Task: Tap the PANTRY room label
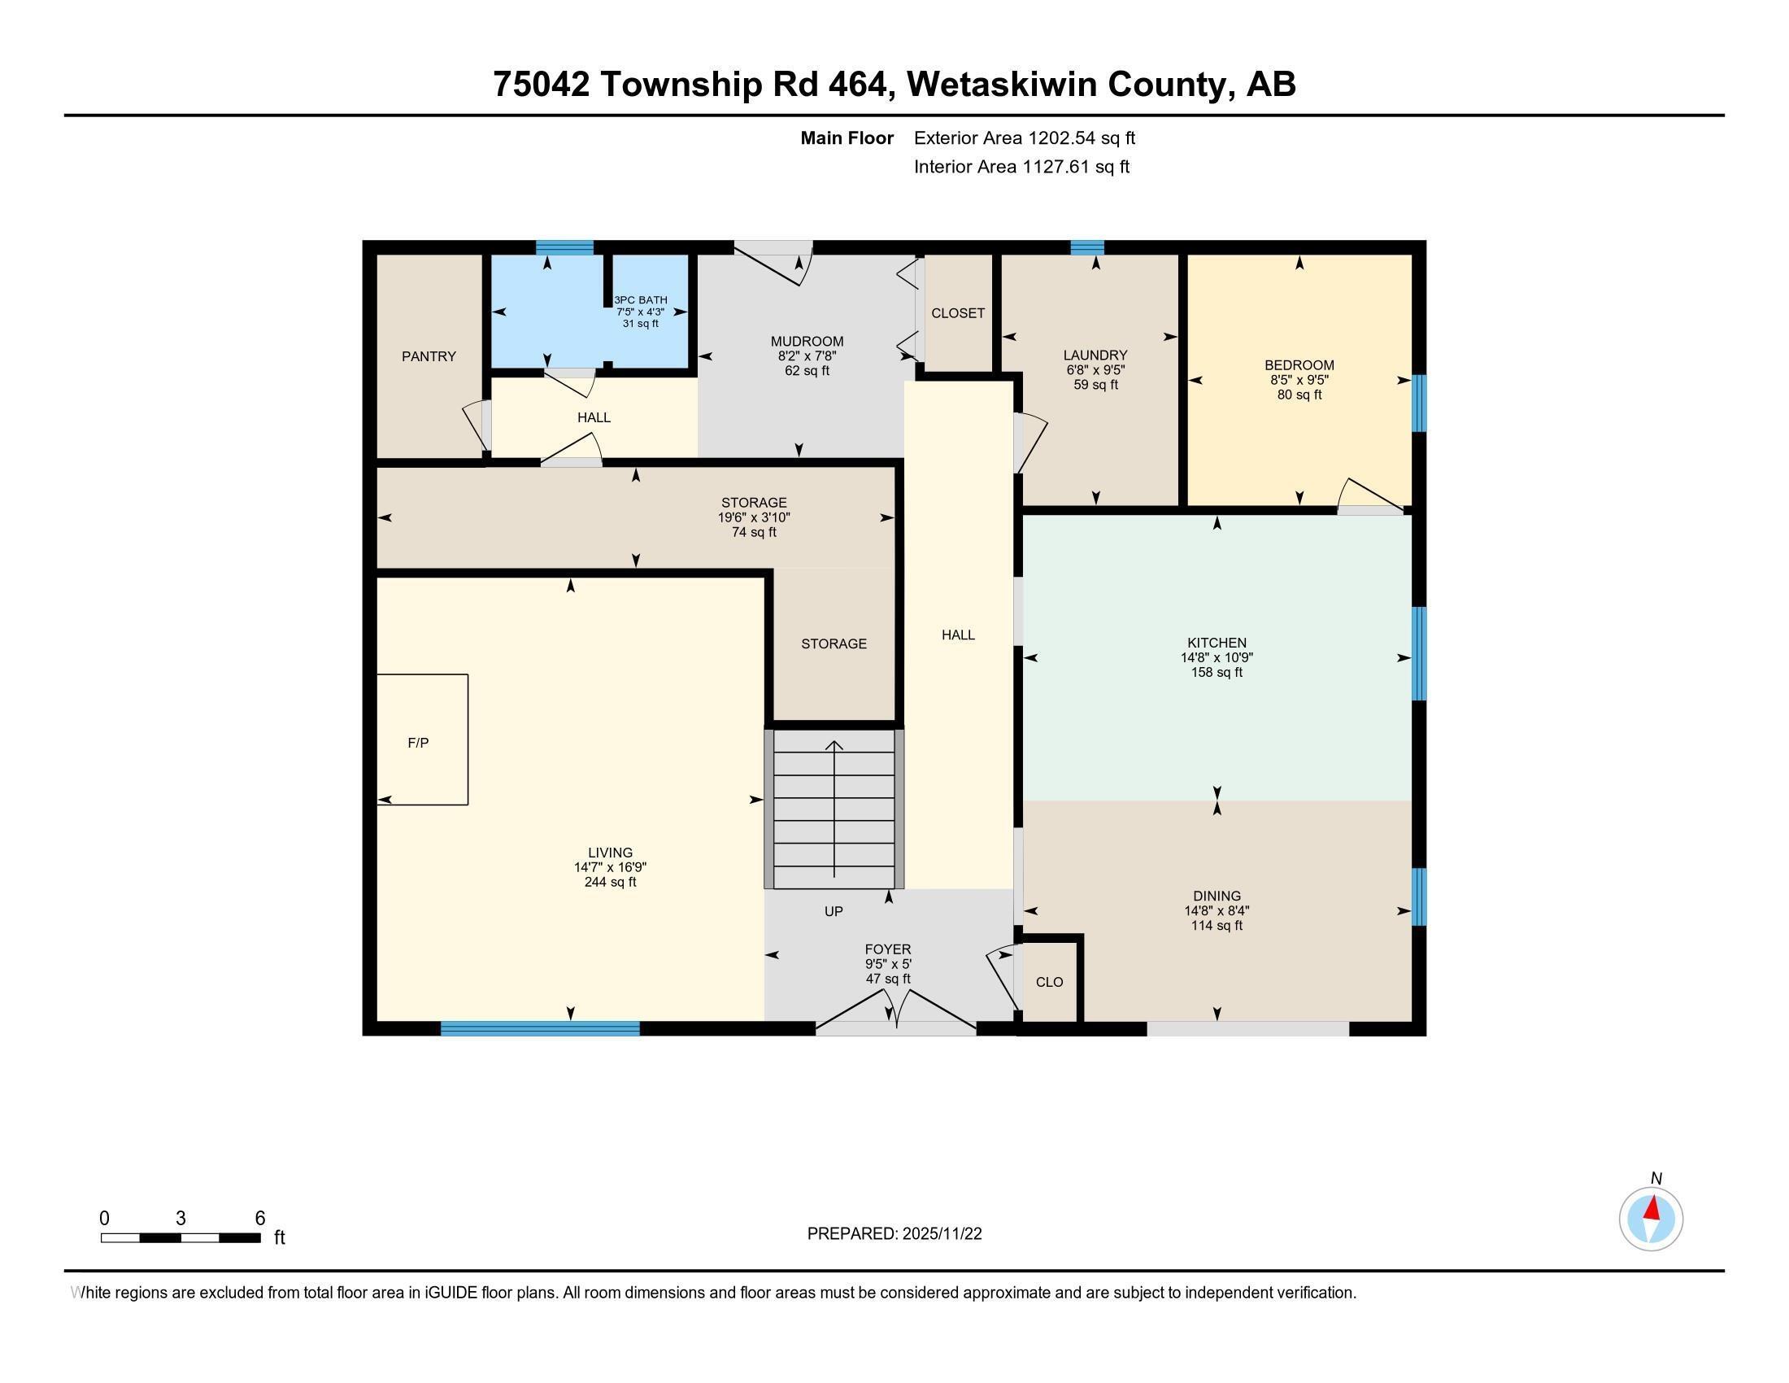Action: [x=429, y=356]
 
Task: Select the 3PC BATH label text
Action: [x=641, y=300]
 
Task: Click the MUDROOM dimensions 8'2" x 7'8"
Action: [x=806, y=356]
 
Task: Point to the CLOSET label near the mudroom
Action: [x=958, y=313]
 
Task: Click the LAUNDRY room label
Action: [x=1095, y=355]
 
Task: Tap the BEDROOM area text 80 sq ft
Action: [x=1299, y=395]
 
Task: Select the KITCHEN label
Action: [x=1217, y=643]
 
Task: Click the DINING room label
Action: [x=1217, y=896]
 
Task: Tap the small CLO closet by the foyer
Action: [x=1049, y=982]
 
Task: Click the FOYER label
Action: [x=888, y=949]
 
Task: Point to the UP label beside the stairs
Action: [x=833, y=911]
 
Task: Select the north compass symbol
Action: [x=1651, y=1219]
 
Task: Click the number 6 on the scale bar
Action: [x=259, y=1218]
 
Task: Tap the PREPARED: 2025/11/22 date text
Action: [x=894, y=1234]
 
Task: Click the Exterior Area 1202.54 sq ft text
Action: [x=1024, y=138]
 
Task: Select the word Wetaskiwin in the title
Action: [x=999, y=85]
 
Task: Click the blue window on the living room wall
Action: [x=540, y=1028]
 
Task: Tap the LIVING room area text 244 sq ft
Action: [x=609, y=883]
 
